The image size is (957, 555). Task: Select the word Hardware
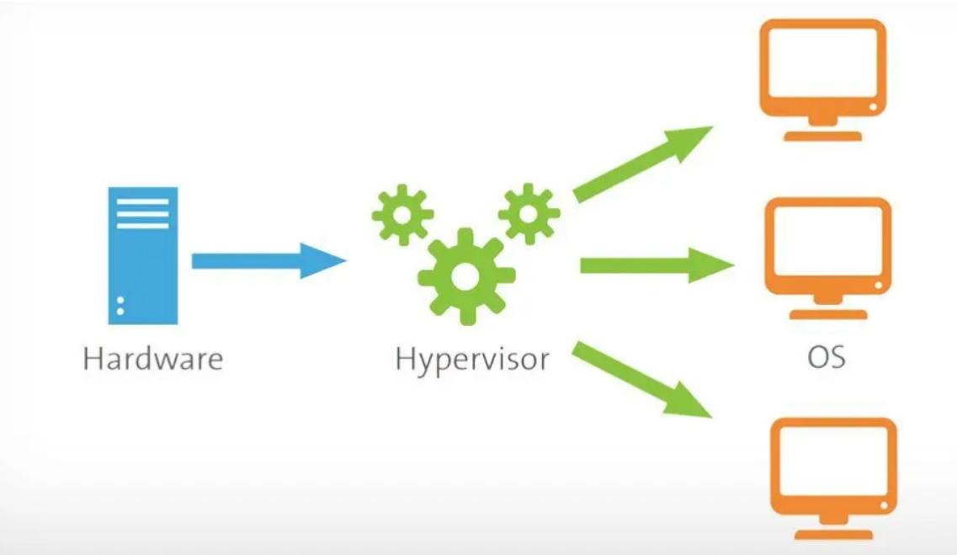[153, 359]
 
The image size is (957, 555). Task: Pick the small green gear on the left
[402, 214]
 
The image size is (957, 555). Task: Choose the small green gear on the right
[529, 213]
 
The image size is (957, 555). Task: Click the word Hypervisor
[471, 360]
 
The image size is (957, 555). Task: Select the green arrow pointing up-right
[643, 165]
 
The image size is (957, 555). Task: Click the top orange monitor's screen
[822, 70]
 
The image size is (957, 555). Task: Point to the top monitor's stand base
[822, 136]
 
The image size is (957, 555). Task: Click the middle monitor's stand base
[827, 314]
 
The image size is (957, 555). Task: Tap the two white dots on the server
[120, 306]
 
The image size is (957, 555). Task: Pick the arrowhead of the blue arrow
[324, 260]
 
